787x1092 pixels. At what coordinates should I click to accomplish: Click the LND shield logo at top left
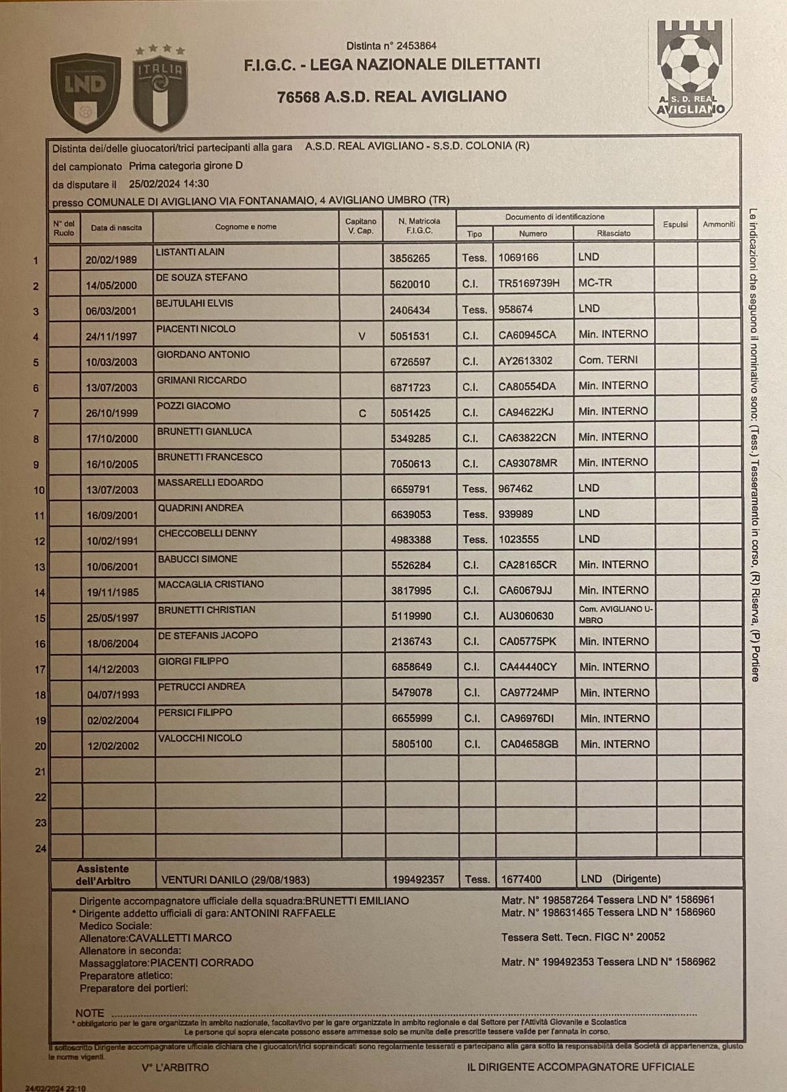(85, 92)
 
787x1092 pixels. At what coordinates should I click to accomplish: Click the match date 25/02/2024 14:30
(168, 184)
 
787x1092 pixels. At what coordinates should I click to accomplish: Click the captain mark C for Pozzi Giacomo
(362, 413)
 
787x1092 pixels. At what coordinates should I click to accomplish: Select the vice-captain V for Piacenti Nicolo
(361, 336)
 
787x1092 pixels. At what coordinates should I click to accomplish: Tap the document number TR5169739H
(529, 283)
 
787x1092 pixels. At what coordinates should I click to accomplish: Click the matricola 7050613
(411, 464)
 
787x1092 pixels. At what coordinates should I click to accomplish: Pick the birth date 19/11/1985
(112, 592)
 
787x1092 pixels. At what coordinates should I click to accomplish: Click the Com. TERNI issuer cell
(609, 360)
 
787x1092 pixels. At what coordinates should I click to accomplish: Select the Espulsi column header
(675, 225)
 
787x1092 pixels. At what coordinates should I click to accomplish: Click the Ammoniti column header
(719, 225)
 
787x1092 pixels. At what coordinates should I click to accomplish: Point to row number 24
(40, 848)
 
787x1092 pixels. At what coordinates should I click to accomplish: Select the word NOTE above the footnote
(90, 1013)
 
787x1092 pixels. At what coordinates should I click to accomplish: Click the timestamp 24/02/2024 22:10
(56, 1089)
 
